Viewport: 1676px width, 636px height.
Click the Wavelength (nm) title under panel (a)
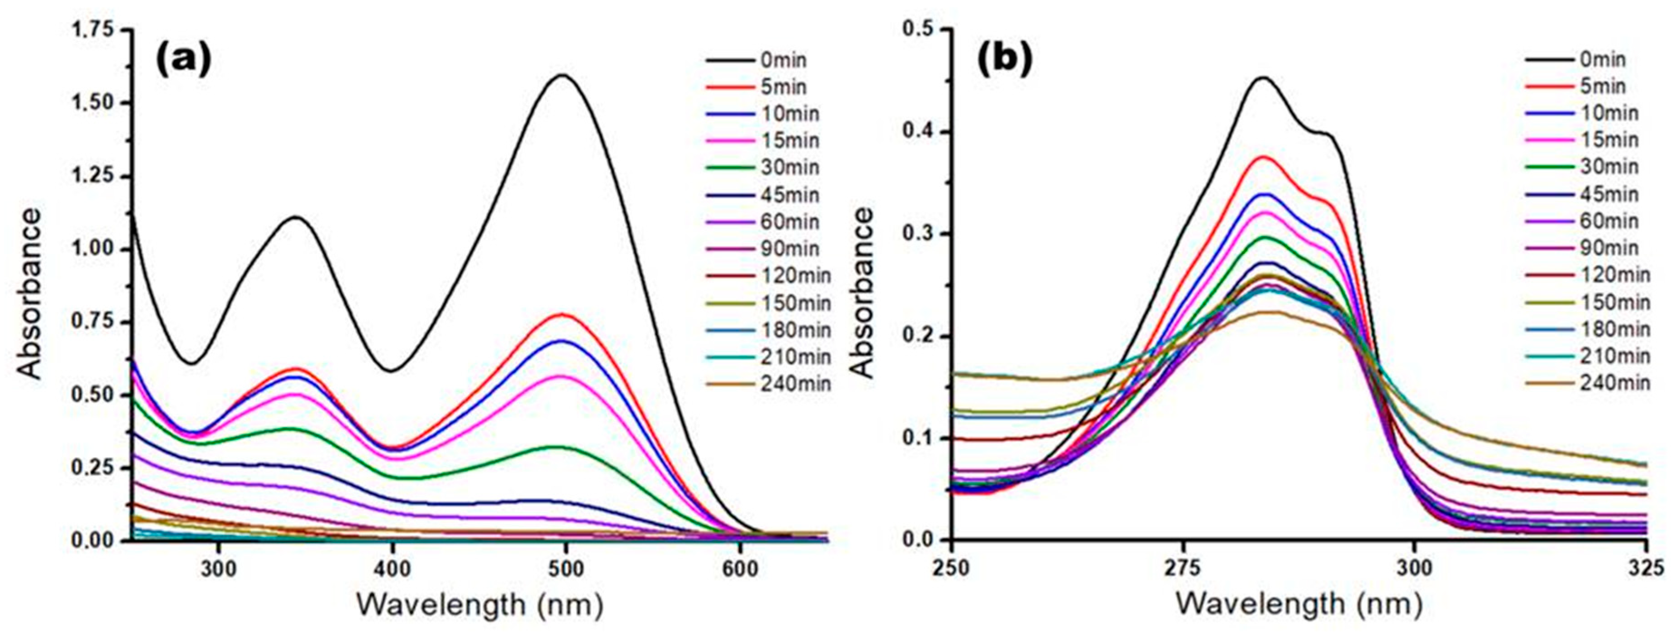click(479, 604)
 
